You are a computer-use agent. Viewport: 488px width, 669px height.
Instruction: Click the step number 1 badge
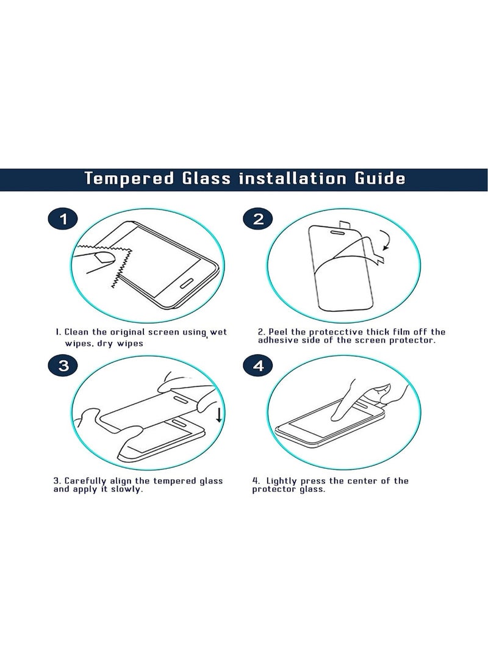tap(63, 219)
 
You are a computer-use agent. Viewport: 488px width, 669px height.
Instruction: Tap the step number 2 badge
tap(258, 219)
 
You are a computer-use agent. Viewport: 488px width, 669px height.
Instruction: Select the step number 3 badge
tap(63, 366)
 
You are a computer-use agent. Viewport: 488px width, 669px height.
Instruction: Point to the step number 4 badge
tap(258, 366)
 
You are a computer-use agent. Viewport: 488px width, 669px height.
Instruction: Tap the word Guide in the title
tap(380, 178)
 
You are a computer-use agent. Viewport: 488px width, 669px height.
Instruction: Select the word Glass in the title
tap(206, 178)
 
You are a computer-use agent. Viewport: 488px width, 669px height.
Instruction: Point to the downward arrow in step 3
tap(219, 414)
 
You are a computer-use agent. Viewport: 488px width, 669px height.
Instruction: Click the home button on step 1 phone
tap(187, 284)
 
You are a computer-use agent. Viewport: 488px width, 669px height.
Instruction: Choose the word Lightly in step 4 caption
tap(281, 481)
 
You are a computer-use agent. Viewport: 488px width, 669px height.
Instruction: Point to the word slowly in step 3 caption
tap(127, 490)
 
